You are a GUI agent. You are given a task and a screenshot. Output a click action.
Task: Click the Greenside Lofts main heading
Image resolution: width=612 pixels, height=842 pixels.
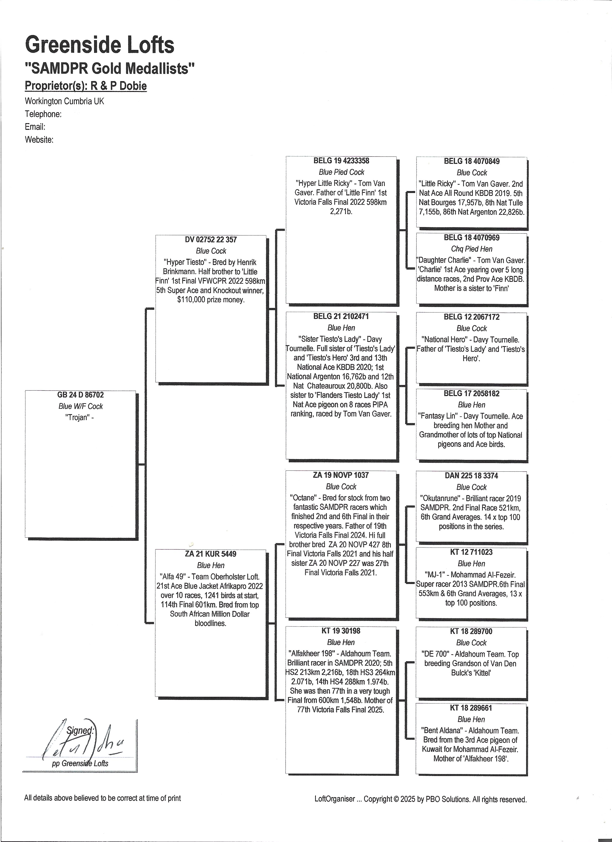pyautogui.click(x=99, y=45)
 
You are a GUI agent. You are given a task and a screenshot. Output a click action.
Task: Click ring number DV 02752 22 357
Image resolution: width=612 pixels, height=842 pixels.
pyautogui.click(x=210, y=240)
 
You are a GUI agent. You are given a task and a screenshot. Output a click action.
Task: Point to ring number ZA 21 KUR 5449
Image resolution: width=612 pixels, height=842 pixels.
pyautogui.click(x=210, y=554)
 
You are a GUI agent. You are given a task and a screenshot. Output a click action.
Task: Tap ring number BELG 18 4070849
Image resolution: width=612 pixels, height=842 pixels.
pyautogui.click(x=471, y=162)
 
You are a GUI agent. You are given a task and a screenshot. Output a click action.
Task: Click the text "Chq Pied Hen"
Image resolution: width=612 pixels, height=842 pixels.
pyautogui.click(x=471, y=249)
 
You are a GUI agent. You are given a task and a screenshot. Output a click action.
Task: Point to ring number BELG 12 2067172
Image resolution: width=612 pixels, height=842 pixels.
pyautogui.click(x=471, y=317)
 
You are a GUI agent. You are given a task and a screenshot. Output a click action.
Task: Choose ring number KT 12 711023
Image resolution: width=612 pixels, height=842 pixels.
pyautogui.click(x=471, y=552)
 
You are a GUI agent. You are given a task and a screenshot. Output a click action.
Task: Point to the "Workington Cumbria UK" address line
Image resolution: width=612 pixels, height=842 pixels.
pyautogui.click(x=64, y=101)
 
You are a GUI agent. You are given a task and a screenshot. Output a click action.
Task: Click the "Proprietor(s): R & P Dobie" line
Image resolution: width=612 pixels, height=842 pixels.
pyautogui.click(x=86, y=86)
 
